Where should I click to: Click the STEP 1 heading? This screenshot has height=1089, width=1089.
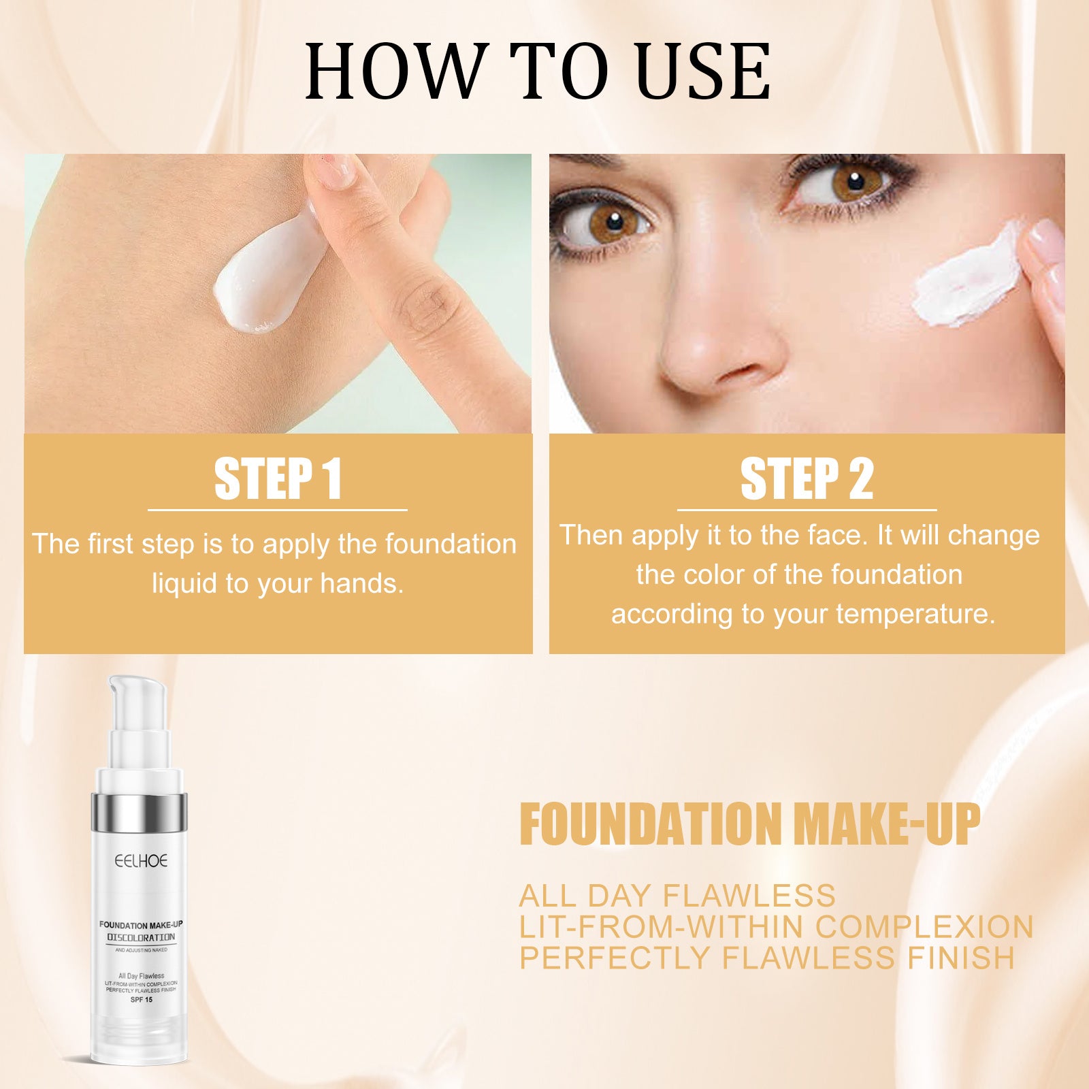pyautogui.click(x=278, y=479)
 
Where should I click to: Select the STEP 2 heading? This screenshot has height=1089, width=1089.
pyautogui.click(x=807, y=479)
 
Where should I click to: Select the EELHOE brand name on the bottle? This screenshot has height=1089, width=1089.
pyautogui.click(x=141, y=861)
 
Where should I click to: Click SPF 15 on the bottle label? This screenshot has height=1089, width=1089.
pyautogui.click(x=141, y=1000)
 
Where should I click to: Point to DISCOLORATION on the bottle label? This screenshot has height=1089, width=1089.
pyautogui.click(x=141, y=937)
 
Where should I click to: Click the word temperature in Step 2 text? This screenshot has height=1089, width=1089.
pyautogui.click(x=915, y=615)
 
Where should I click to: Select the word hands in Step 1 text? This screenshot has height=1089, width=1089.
pyautogui.click(x=361, y=584)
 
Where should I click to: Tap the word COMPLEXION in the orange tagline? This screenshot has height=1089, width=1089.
pyautogui.click(x=924, y=927)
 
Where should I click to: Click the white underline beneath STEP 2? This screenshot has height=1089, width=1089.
pyautogui.click(x=807, y=509)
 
